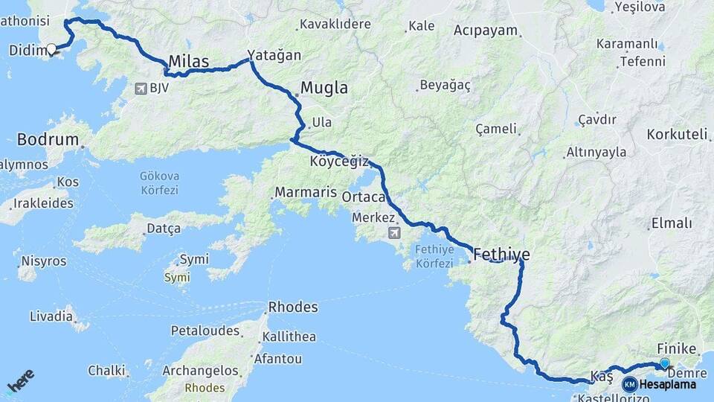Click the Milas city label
[x=189, y=61]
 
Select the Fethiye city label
[x=501, y=254]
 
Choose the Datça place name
[x=163, y=228]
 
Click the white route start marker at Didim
[x=51, y=50]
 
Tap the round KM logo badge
[x=630, y=384]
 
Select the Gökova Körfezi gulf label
[x=159, y=183]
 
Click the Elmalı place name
[x=672, y=223]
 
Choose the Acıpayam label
[x=486, y=31]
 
